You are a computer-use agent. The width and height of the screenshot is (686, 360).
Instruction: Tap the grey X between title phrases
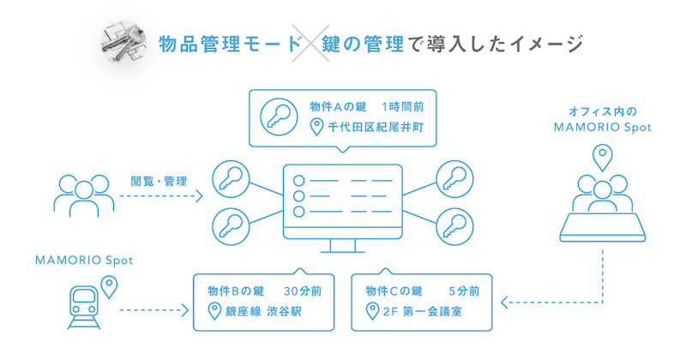(310, 44)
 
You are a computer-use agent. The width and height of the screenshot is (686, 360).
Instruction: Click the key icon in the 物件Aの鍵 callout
(279, 117)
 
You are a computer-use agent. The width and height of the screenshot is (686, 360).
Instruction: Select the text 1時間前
(402, 107)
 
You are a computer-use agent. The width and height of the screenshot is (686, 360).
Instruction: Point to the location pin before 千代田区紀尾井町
(316, 127)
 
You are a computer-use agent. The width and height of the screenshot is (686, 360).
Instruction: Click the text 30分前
(303, 291)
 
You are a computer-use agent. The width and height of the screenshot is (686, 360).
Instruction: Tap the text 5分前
(464, 291)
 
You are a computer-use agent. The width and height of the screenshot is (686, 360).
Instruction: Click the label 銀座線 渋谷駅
(263, 311)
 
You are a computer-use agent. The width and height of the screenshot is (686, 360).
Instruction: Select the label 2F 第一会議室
(422, 311)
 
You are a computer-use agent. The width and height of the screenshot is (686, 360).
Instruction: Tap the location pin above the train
(109, 286)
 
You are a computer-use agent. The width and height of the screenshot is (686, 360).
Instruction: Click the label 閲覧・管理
(159, 181)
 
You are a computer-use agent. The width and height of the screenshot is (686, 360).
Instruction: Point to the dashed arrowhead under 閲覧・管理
(199, 196)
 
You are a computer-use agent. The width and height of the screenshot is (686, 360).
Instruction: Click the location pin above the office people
(603, 158)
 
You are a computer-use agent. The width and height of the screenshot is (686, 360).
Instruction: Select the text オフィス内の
(603, 112)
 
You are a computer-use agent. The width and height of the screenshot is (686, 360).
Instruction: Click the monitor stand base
(342, 251)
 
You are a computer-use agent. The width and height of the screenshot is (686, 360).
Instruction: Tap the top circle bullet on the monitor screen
(298, 180)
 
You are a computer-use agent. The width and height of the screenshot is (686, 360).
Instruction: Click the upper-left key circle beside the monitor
(231, 179)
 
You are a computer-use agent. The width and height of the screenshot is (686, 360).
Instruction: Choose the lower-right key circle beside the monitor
(455, 226)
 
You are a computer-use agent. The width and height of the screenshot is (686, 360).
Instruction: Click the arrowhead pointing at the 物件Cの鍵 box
(504, 303)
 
